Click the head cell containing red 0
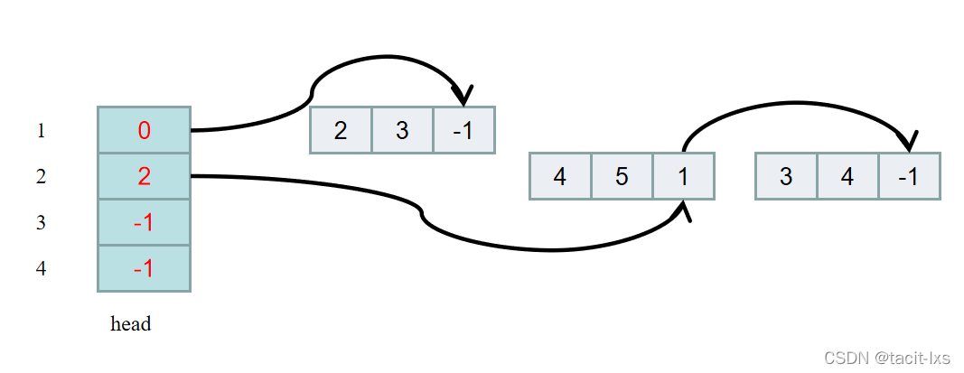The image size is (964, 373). pyautogui.click(x=144, y=130)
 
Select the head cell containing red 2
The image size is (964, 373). pyautogui.click(x=144, y=176)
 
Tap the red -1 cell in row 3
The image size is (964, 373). pyautogui.click(x=144, y=222)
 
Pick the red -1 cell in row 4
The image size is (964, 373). pyautogui.click(x=144, y=268)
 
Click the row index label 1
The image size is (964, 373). pyautogui.click(x=41, y=131)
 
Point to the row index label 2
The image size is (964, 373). pyautogui.click(x=41, y=177)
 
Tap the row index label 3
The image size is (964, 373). pyautogui.click(x=41, y=223)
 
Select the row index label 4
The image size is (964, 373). pyautogui.click(x=41, y=269)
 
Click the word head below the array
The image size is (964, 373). pyautogui.click(x=131, y=323)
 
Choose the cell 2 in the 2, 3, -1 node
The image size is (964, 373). pyautogui.click(x=341, y=130)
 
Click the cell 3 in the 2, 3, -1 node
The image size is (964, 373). pyautogui.click(x=402, y=130)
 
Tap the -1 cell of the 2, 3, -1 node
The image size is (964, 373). pyautogui.click(x=463, y=130)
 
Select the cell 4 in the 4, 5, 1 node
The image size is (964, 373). pyautogui.click(x=560, y=176)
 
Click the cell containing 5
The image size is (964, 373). pyautogui.click(x=622, y=176)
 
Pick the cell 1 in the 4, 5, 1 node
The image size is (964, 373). pyautogui.click(x=683, y=176)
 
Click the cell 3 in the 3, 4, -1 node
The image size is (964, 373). pyautogui.click(x=786, y=176)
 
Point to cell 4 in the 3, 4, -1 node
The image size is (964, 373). pyautogui.click(x=847, y=176)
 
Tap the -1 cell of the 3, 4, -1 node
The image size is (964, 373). pyautogui.click(x=909, y=176)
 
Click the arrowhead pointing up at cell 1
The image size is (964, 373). pyautogui.click(x=684, y=211)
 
